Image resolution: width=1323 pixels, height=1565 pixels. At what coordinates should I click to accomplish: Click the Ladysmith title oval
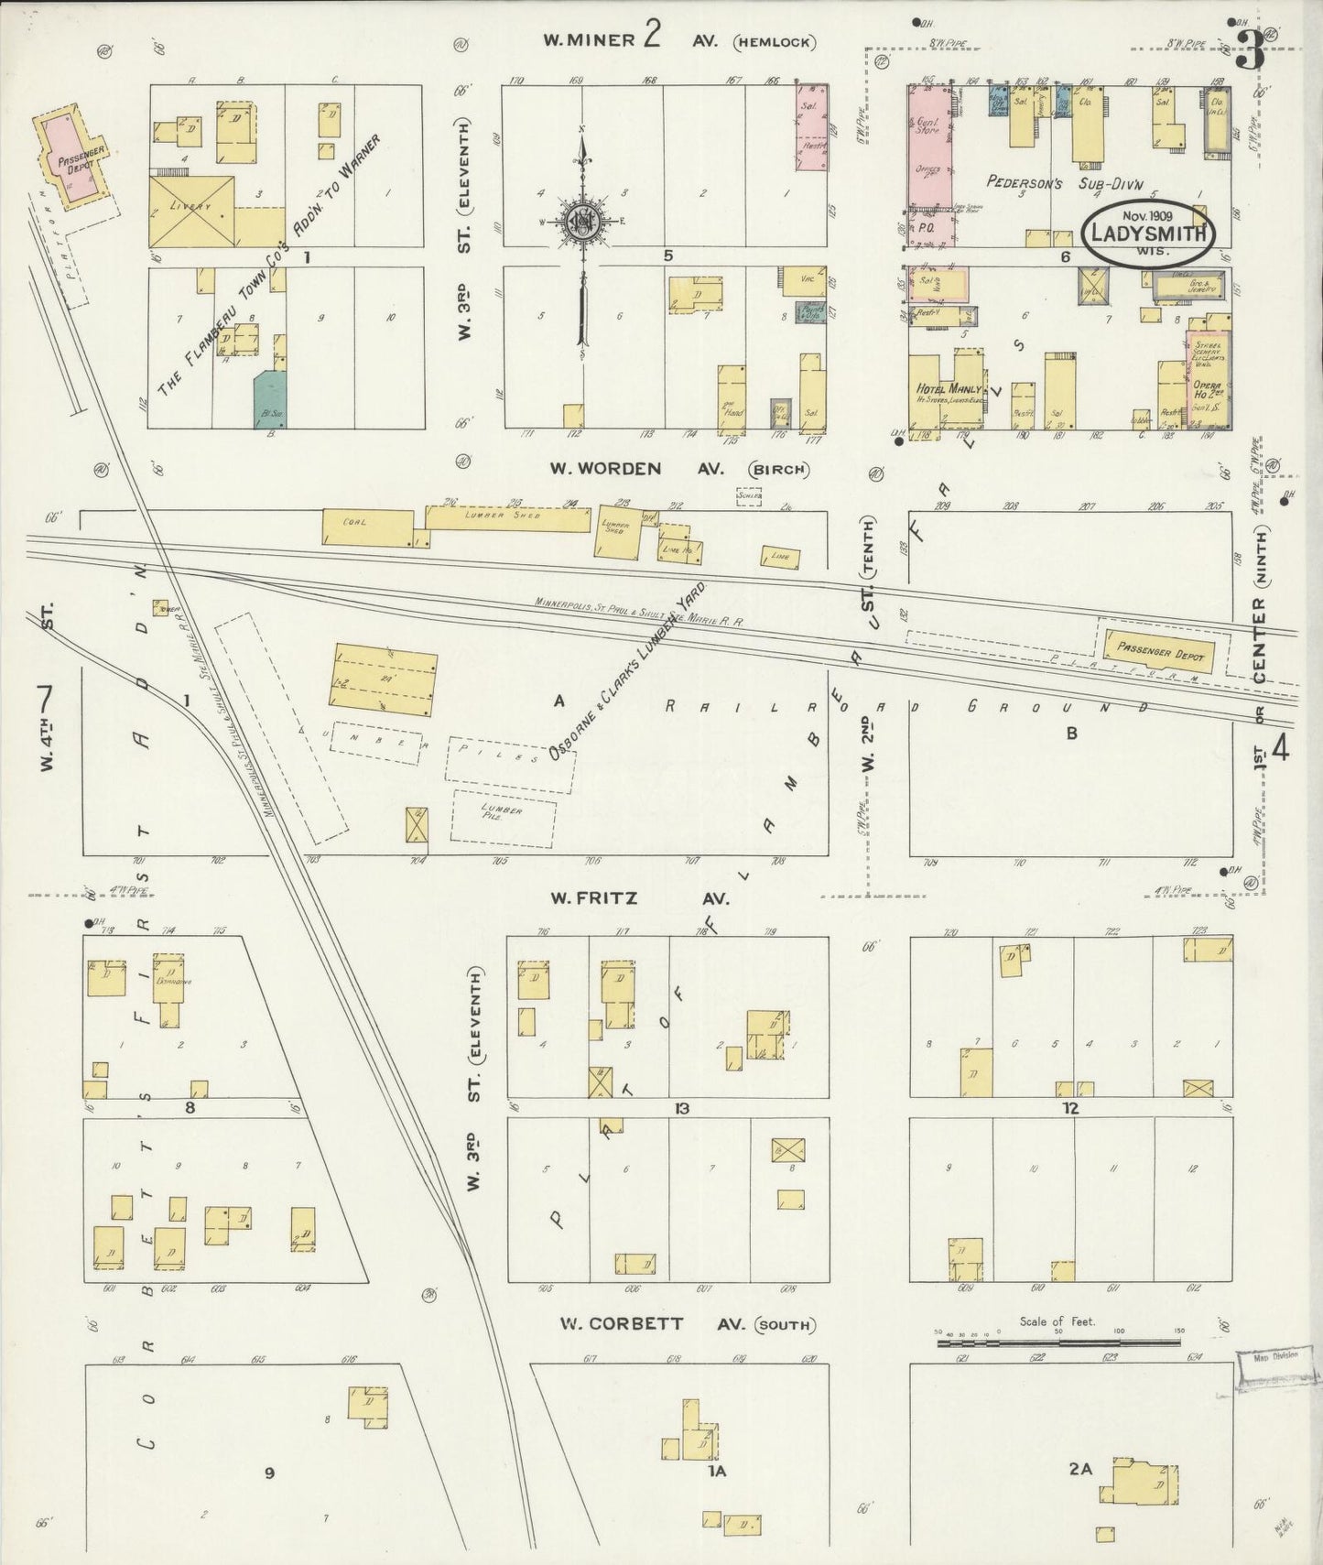pos(1149,232)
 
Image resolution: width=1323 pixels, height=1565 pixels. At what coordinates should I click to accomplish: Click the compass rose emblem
pos(581,223)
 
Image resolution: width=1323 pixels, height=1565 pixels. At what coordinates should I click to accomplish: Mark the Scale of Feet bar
pos(1057,1343)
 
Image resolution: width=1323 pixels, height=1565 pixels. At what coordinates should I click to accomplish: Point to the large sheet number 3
pos(1249,54)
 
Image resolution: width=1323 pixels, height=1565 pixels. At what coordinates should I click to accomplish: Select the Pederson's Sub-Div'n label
pos(1046,181)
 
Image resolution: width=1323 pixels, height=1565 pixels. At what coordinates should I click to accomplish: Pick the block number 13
pos(681,1109)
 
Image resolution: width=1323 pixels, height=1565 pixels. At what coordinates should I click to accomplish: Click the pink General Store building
pos(929,166)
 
